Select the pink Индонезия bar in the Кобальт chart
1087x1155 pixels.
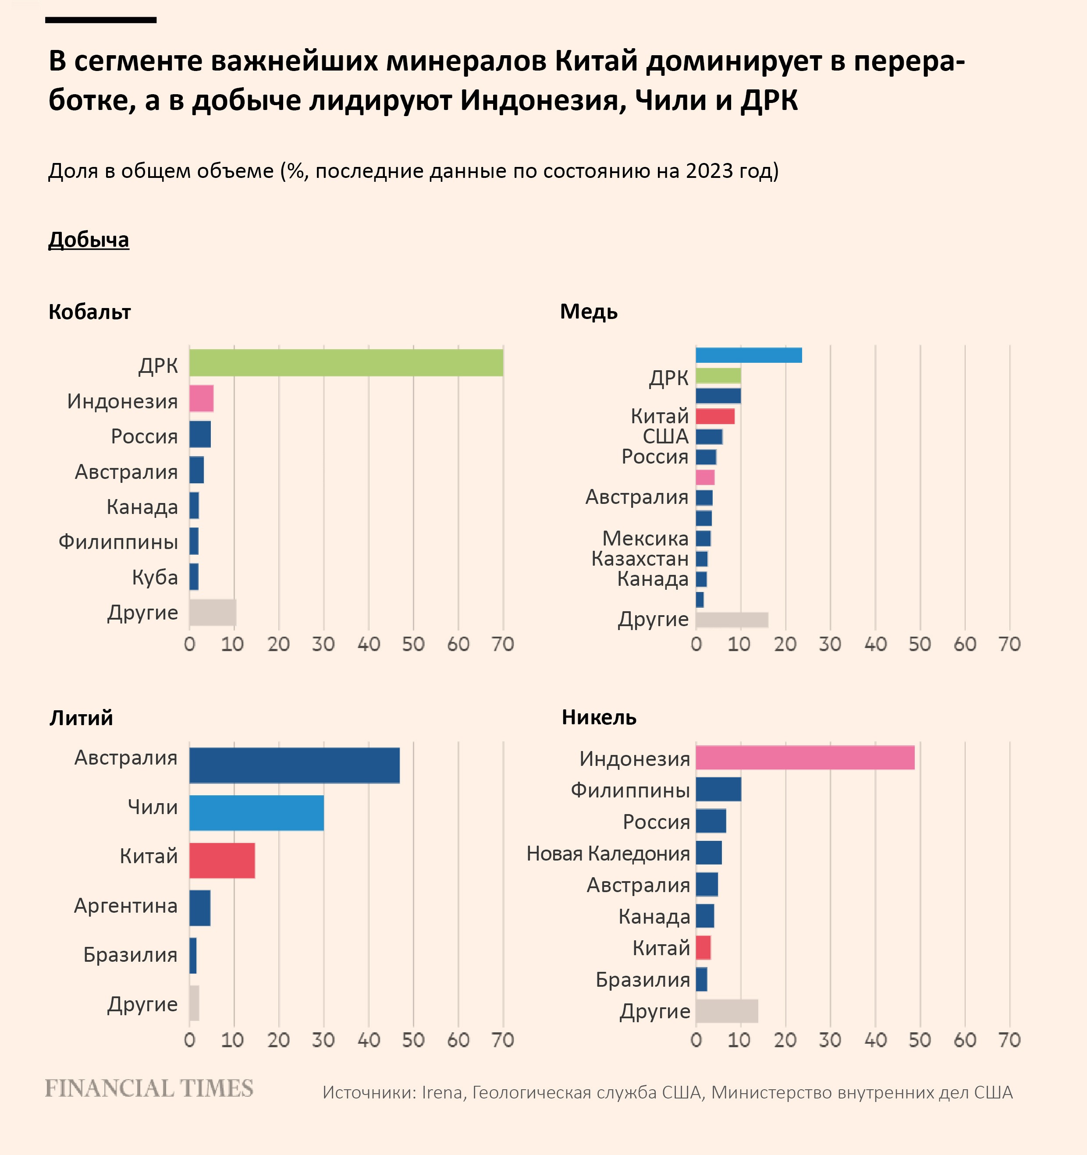[x=201, y=399]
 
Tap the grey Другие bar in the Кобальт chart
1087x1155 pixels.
[x=212, y=613]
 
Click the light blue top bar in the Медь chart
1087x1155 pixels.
[x=748, y=355]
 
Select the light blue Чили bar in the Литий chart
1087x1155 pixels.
[x=256, y=813]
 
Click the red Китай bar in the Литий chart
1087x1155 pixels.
[x=222, y=861]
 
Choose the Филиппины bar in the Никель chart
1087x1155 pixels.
[x=718, y=790]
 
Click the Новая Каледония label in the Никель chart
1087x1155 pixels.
[x=608, y=854]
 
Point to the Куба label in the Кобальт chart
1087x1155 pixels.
[x=155, y=577]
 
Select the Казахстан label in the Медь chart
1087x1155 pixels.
[x=639, y=559]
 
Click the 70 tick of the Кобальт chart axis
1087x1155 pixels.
[x=503, y=644]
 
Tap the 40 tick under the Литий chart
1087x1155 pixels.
[x=369, y=1040]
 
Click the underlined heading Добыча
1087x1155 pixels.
[x=89, y=240]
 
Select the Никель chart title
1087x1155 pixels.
[x=599, y=718]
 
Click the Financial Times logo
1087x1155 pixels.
[x=149, y=1088]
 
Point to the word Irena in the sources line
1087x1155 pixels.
[x=442, y=1093]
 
